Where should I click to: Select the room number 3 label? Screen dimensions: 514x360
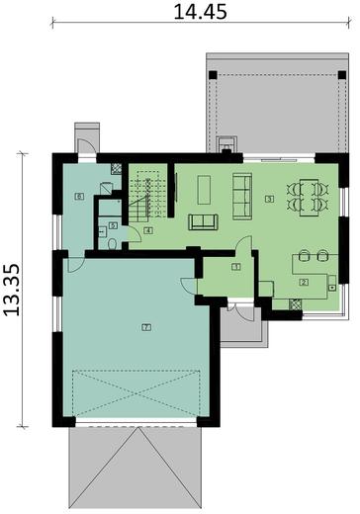[x=269, y=198]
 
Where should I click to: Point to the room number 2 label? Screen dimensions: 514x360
[x=304, y=283]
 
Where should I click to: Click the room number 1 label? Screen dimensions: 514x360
[x=236, y=267]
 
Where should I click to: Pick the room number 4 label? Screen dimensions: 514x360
[x=147, y=230]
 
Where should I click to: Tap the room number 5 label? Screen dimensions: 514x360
[x=113, y=225]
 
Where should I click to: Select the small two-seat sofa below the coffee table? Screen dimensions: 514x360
[x=204, y=220]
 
